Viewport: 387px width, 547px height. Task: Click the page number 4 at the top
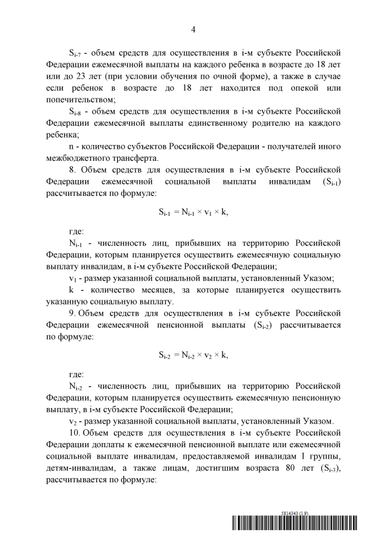pyautogui.click(x=193, y=29)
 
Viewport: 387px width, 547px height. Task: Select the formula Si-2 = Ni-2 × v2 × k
pyautogui.click(x=193, y=355)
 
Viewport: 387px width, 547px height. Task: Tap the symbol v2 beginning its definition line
pyautogui.click(x=73, y=421)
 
